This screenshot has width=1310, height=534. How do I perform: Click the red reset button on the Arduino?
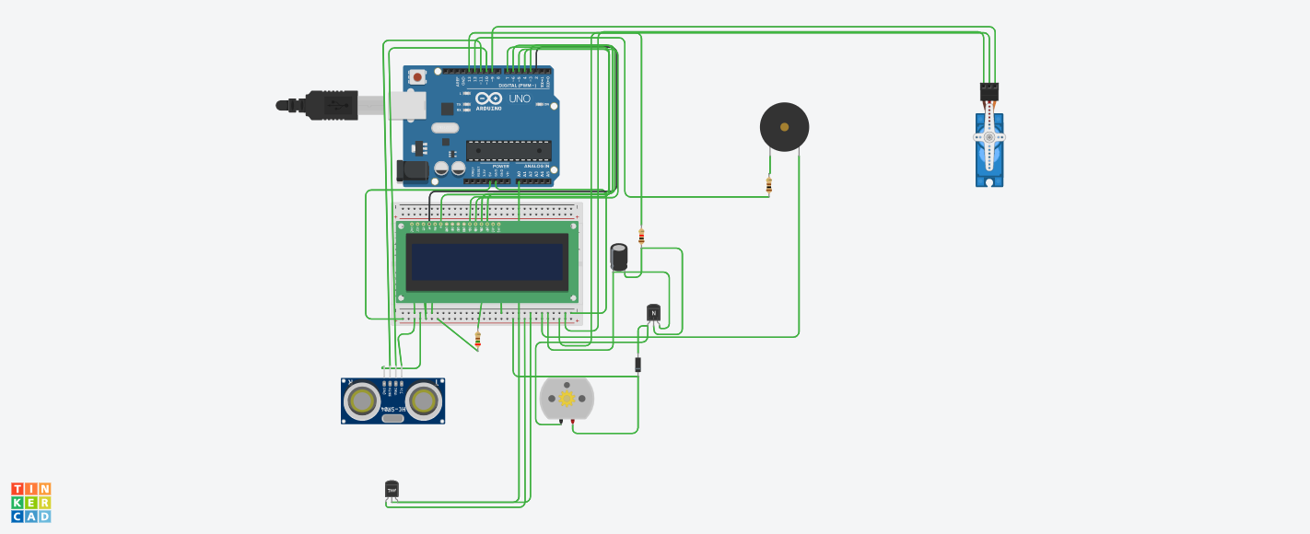pos(418,77)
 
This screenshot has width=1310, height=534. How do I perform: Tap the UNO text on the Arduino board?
pos(520,99)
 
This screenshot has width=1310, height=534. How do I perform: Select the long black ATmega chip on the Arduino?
pos(509,150)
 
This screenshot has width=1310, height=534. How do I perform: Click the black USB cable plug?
pos(332,105)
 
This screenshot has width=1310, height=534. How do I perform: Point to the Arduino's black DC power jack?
pos(412,170)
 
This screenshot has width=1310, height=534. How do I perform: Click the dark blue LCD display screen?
pos(486,262)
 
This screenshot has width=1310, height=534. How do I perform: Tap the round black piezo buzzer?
pos(784,127)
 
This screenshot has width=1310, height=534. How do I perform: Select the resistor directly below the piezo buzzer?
pos(769,185)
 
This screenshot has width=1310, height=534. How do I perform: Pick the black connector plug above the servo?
pos(989,91)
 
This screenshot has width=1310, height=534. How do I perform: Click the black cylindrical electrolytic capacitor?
pos(620,257)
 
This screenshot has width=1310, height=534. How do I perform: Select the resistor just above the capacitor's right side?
pos(641,237)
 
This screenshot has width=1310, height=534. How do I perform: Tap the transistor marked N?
pos(653,313)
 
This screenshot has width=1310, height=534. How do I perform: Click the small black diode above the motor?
pos(637,365)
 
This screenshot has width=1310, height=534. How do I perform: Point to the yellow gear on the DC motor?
pos(567,398)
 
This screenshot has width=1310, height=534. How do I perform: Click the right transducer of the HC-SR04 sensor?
pos(423,400)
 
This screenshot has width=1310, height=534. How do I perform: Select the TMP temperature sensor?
pos(392,489)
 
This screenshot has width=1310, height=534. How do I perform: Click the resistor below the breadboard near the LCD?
pos(477,340)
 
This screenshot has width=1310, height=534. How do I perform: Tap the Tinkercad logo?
pos(31,503)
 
